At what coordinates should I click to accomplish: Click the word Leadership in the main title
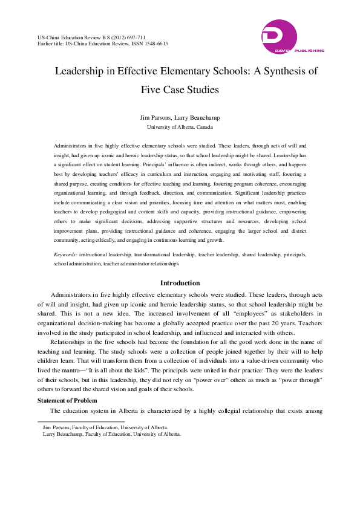coord(83,71)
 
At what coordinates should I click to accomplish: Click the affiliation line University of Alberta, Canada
coord(180,128)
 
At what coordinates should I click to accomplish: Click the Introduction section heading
coord(180,283)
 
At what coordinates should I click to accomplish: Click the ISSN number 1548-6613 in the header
coord(154,44)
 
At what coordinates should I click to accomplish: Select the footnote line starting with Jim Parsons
coord(106,427)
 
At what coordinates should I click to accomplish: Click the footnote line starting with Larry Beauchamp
coord(113,434)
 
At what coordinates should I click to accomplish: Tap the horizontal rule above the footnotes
coord(81,421)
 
